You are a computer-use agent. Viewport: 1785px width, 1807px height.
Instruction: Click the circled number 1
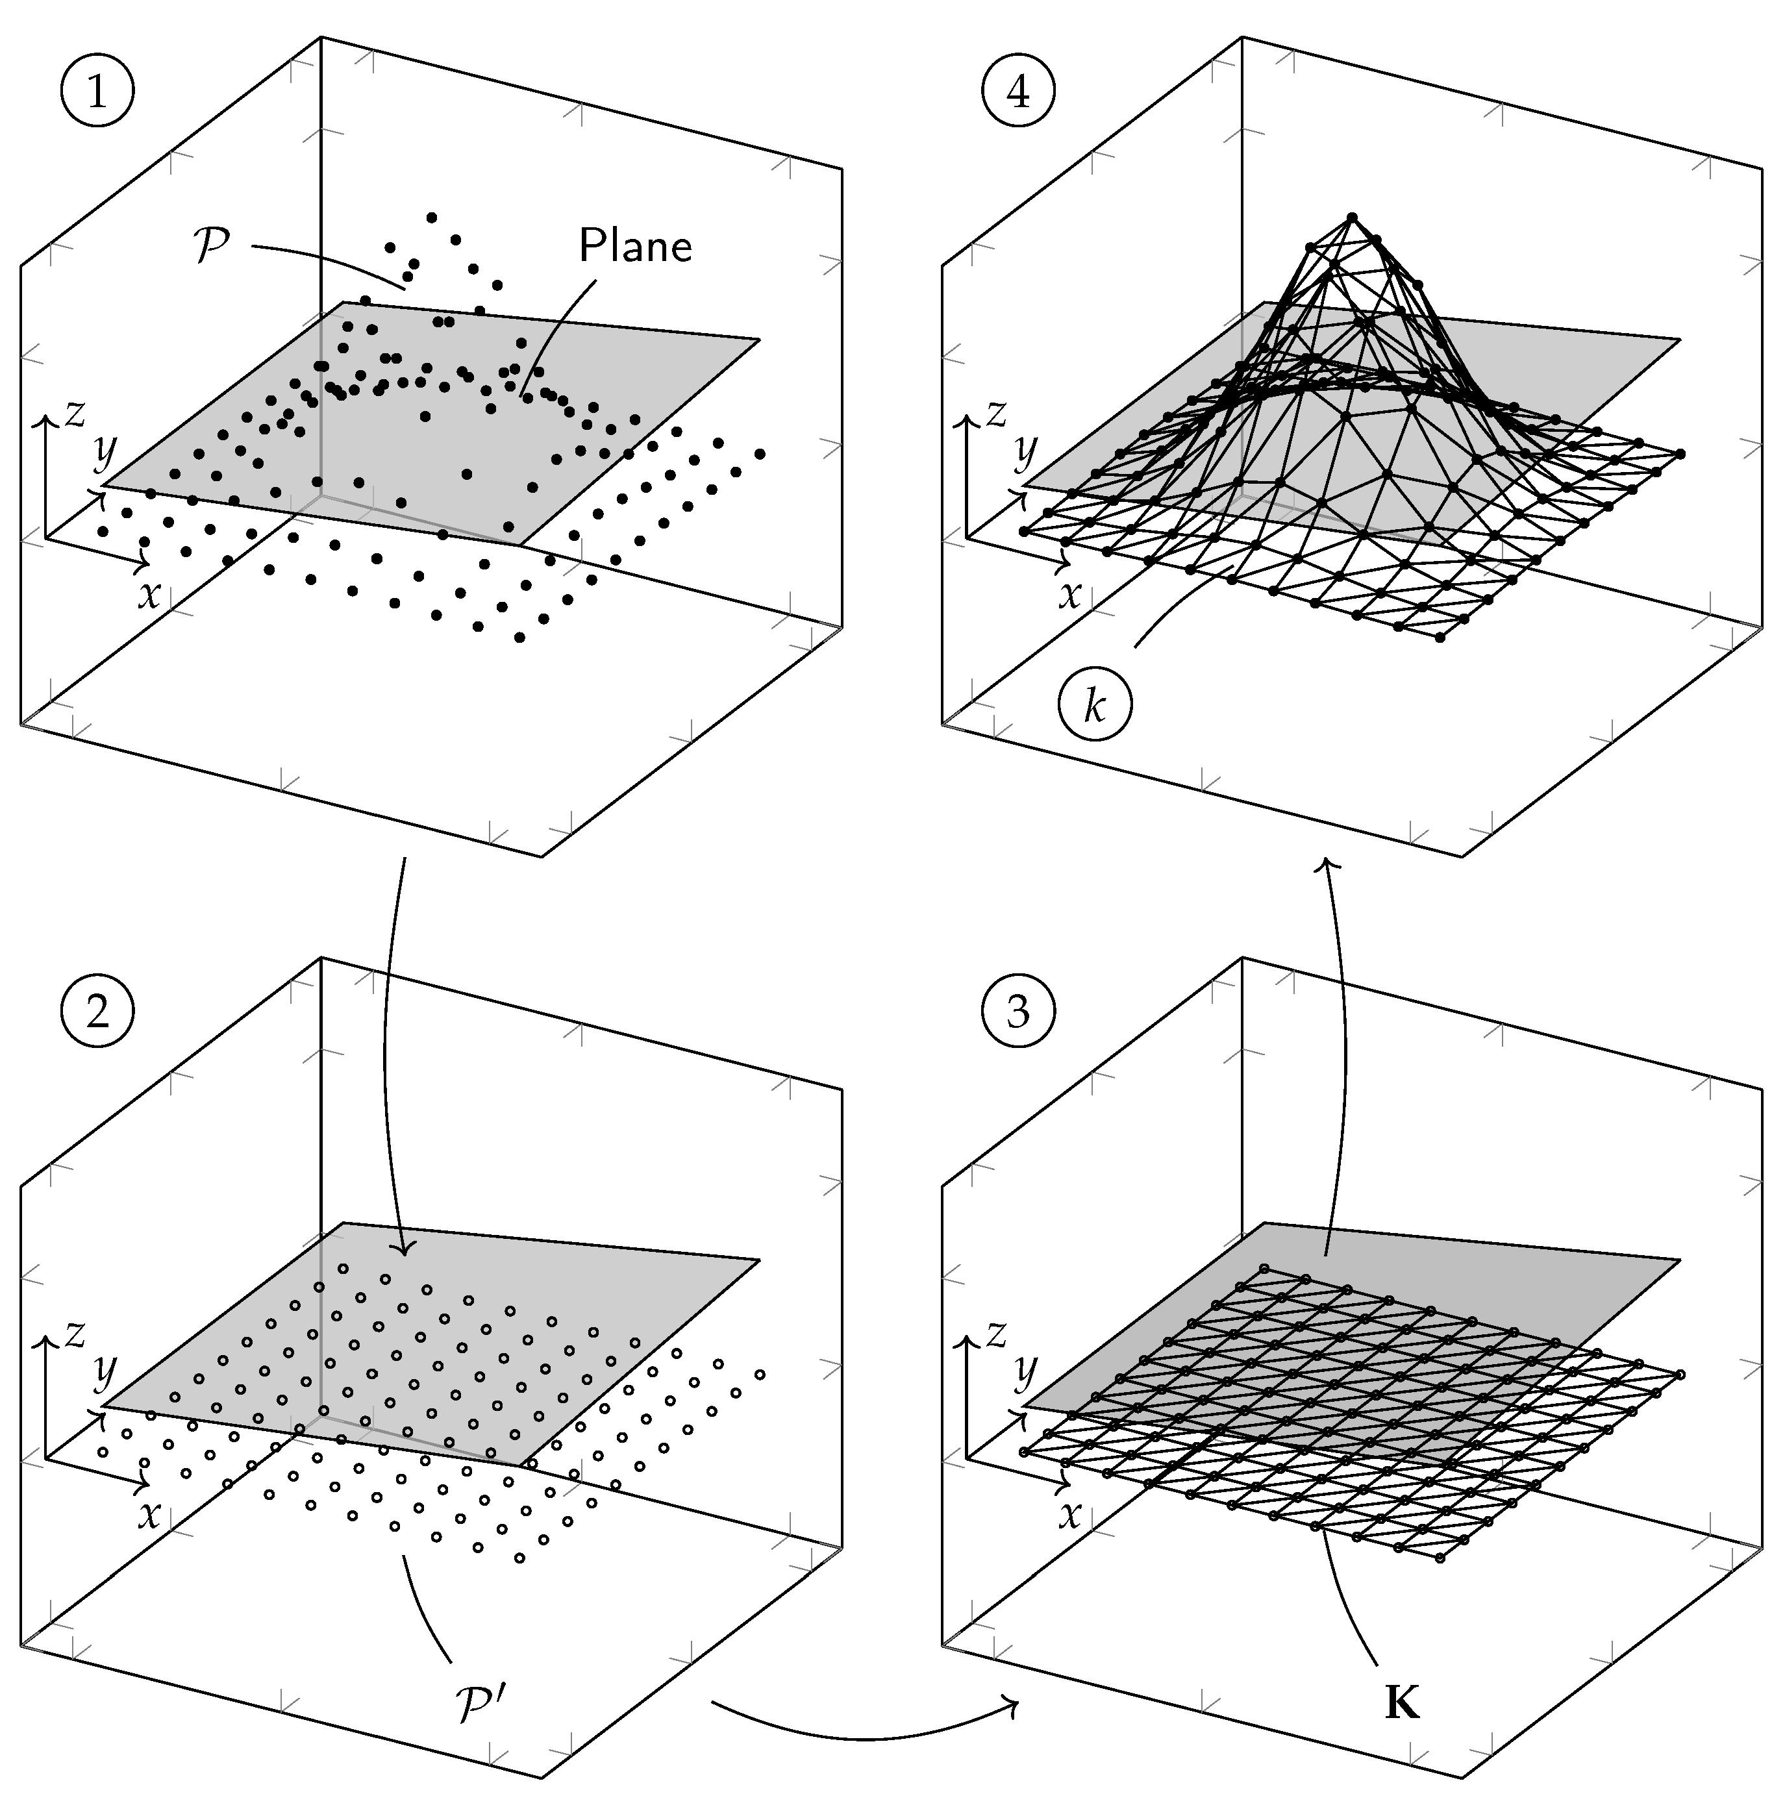97,92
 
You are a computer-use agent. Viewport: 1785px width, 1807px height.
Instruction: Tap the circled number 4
1019,92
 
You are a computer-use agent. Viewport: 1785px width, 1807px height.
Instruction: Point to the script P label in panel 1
212,248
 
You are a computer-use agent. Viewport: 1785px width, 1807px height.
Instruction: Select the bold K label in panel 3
1401,1704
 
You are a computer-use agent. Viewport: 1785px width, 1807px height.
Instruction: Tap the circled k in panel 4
1095,708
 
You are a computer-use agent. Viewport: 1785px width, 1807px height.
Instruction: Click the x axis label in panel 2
149,1514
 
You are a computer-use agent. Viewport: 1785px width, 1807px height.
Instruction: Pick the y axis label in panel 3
1027,1371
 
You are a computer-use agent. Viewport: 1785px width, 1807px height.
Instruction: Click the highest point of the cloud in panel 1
431,218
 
